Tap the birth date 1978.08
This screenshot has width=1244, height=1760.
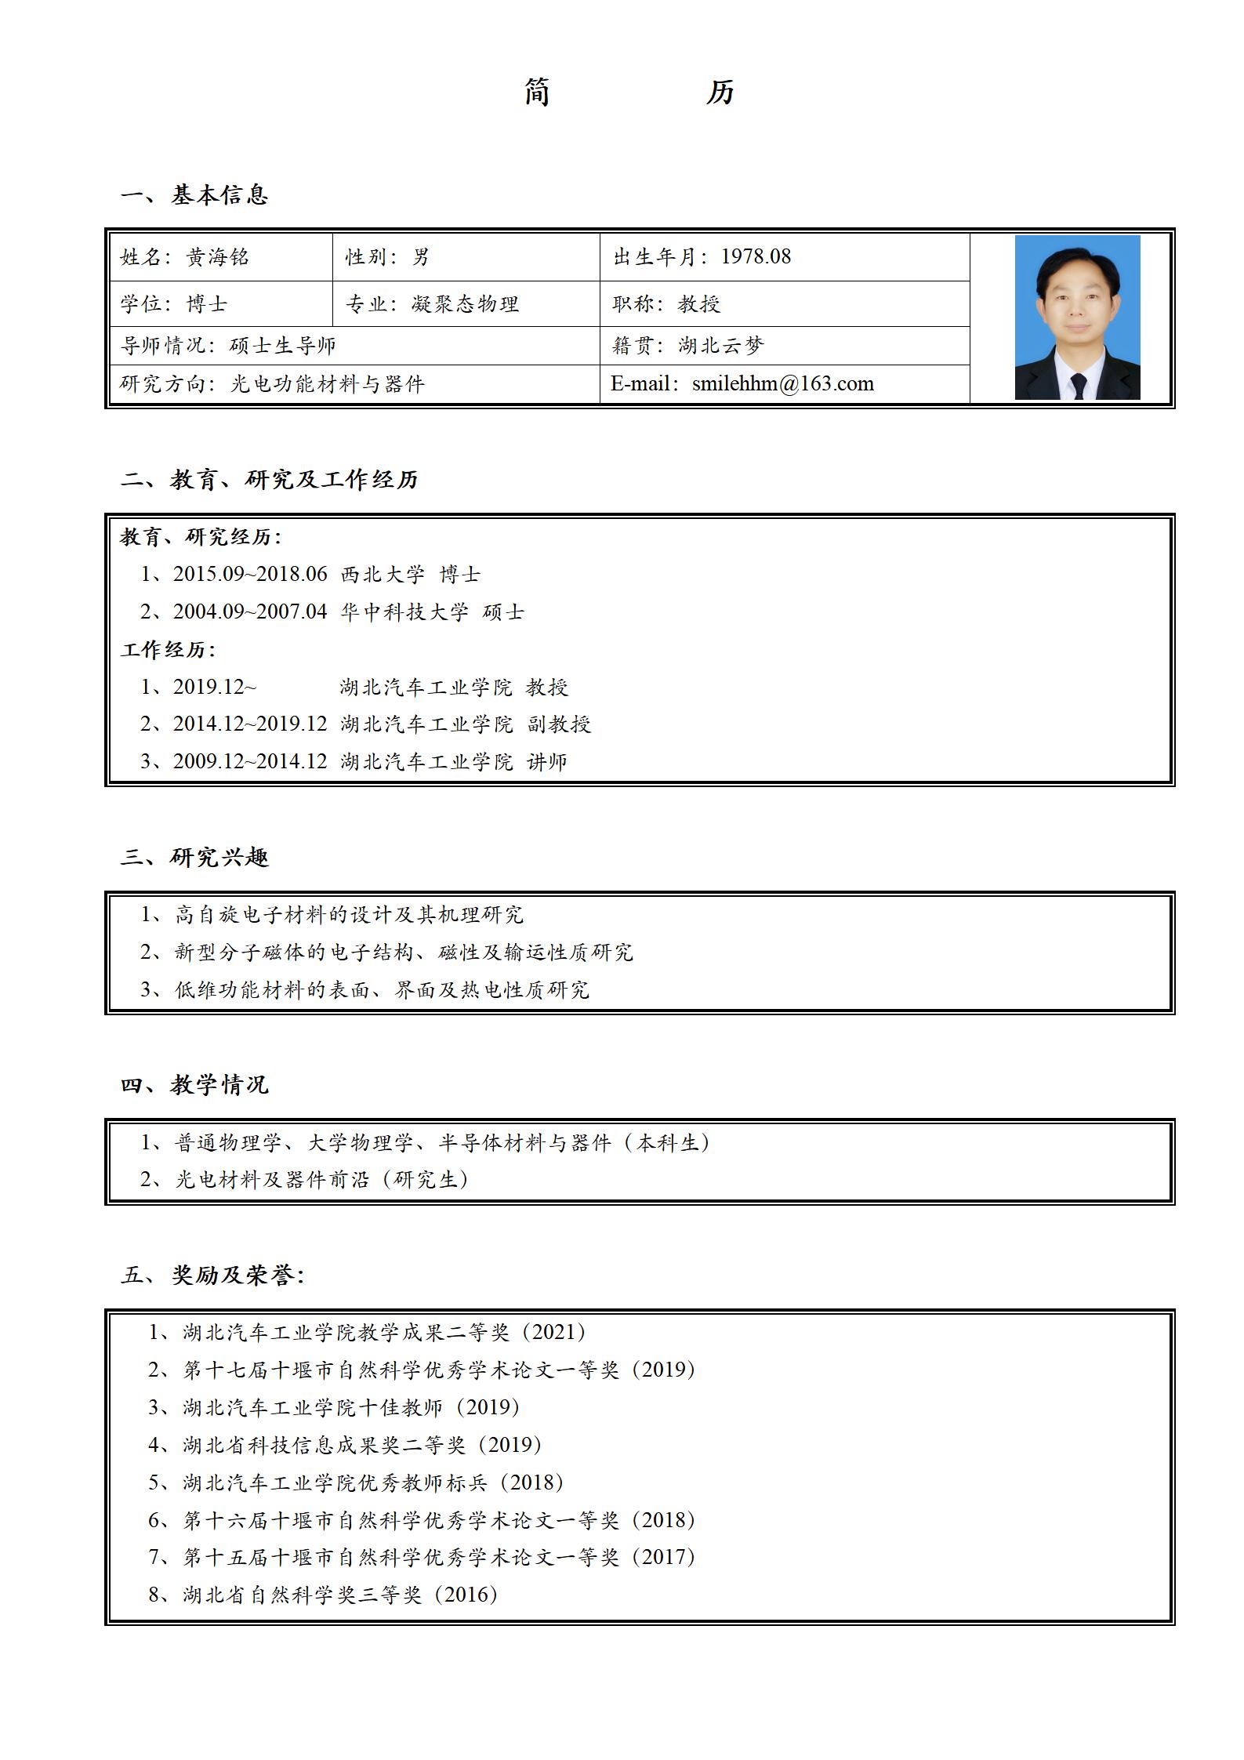[x=756, y=256]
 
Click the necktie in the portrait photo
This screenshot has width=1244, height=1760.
[x=1079, y=385]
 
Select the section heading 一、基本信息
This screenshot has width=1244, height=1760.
[x=194, y=195]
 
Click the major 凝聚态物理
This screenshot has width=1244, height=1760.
[x=466, y=304]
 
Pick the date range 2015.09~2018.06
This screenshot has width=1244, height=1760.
[x=250, y=574]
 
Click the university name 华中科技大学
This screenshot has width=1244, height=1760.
[x=404, y=611]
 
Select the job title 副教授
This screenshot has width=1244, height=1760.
[x=559, y=724]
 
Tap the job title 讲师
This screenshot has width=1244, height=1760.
[x=547, y=761]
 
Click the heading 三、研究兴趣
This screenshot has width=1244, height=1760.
[x=194, y=857]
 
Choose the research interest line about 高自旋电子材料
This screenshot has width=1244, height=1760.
[x=348, y=914]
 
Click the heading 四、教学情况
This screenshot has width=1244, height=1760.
[x=194, y=1085]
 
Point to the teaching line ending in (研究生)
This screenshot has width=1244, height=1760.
[x=321, y=1179]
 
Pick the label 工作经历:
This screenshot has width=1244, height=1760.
[x=168, y=649]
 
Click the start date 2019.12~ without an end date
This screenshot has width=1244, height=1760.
[x=214, y=687]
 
